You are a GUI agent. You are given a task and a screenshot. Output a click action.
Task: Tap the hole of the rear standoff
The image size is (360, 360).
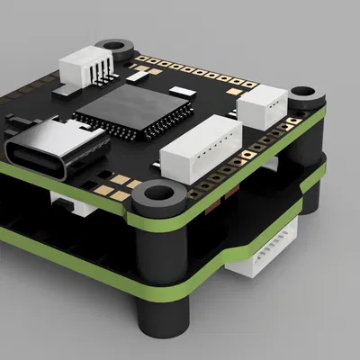114,43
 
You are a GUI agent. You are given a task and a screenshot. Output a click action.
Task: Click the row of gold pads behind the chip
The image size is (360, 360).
189,75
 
